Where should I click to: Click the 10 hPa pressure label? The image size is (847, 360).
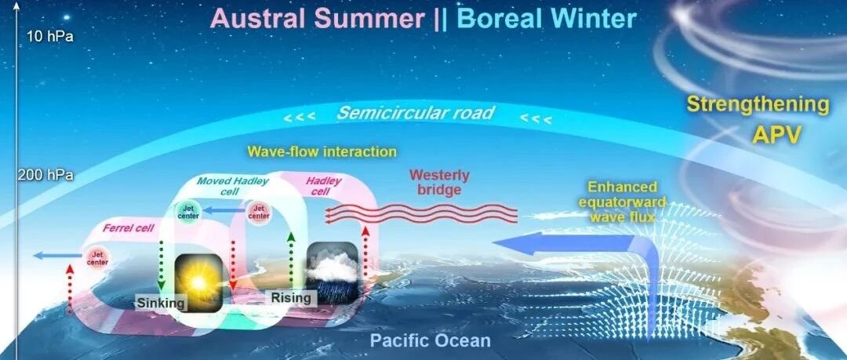point(50,37)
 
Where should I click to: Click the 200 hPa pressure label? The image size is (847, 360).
point(45,176)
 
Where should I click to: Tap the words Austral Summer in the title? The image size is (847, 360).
point(318,19)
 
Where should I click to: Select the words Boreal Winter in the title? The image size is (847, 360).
point(547,19)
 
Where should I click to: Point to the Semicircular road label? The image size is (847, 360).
point(416,113)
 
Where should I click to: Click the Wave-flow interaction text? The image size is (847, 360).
point(322,152)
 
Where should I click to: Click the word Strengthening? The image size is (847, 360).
point(758,104)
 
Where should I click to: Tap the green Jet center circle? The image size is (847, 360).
point(188,212)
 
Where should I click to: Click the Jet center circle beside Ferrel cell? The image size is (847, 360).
point(98,258)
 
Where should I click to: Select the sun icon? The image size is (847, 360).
point(198,282)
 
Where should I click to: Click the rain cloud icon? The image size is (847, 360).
point(333,271)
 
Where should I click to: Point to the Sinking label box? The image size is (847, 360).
point(161,303)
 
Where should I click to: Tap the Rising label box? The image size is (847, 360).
point(291,298)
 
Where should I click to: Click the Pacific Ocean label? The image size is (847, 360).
point(430,341)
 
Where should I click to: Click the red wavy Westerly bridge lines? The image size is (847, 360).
point(421,213)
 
